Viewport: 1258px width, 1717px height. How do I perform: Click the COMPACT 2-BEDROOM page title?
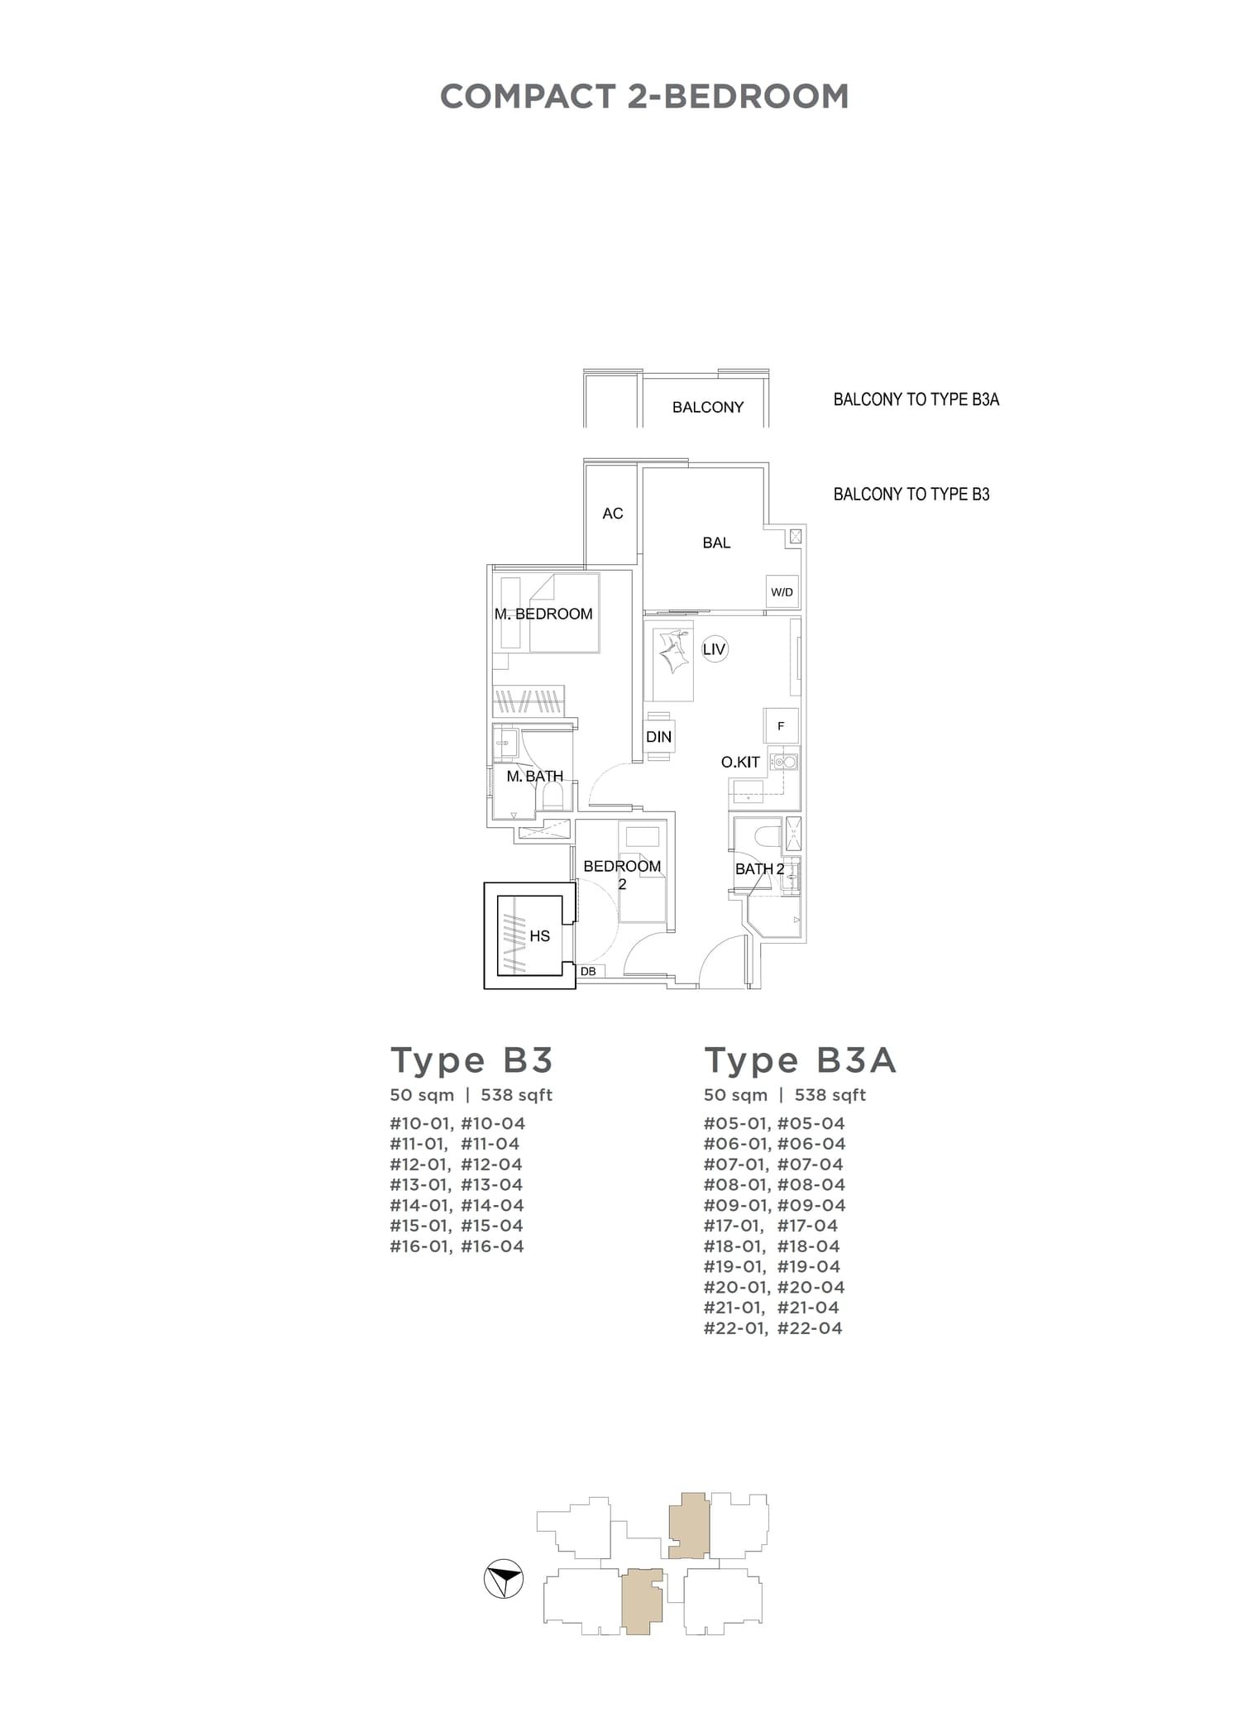(644, 97)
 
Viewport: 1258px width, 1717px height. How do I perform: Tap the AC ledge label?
(612, 514)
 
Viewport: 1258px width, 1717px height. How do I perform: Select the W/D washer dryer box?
(782, 592)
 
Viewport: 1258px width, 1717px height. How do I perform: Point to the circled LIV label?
(714, 649)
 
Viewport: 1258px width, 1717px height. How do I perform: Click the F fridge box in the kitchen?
(781, 726)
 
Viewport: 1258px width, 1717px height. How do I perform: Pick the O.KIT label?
(740, 763)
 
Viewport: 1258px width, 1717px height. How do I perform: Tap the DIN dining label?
(658, 737)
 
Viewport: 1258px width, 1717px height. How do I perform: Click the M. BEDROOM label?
(543, 614)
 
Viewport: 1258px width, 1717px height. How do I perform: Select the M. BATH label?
(534, 776)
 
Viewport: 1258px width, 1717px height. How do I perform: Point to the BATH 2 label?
(759, 868)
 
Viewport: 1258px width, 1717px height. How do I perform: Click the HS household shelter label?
(539, 936)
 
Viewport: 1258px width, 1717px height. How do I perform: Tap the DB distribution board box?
(588, 971)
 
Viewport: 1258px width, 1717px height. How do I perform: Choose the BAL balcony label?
(716, 543)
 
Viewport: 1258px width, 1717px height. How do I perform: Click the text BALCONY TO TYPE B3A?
(916, 399)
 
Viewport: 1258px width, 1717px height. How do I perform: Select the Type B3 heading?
(471, 1060)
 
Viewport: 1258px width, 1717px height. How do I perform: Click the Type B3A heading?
(800, 1060)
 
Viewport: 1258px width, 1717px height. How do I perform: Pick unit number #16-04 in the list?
(492, 1246)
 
